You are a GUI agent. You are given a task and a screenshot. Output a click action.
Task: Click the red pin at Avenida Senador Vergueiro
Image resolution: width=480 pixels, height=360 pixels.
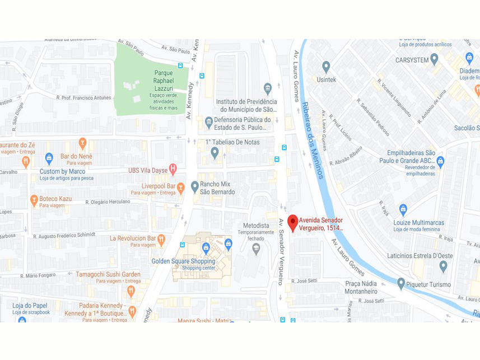[x=292, y=222]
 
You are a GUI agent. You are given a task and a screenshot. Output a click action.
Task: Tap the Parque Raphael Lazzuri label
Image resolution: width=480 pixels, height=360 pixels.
[x=164, y=81]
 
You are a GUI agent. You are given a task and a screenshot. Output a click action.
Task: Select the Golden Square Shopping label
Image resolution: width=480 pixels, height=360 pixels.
[x=183, y=261]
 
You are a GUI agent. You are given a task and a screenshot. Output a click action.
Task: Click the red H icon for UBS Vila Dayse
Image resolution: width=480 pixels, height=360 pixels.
[x=173, y=168]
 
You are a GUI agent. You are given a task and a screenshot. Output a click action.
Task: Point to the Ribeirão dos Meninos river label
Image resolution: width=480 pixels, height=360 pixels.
[x=313, y=141]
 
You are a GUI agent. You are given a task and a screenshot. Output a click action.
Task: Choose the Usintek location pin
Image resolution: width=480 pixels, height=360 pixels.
[x=326, y=67]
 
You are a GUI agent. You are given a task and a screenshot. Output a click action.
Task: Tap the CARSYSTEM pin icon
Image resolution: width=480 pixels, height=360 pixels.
[x=434, y=59]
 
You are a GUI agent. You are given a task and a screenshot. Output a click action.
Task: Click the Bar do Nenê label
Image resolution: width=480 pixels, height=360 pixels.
[x=76, y=156]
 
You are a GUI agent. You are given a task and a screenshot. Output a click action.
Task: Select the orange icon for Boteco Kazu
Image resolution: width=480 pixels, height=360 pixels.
[x=34, y=199]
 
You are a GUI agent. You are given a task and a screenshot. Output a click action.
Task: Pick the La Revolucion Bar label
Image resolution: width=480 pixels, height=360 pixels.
[x=132, y=238]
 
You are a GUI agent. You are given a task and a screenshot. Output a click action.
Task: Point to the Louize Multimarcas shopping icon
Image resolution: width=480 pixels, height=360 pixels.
[x=403, y=209]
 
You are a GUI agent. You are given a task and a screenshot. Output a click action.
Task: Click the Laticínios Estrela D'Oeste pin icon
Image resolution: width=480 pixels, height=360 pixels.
[x=443, y=266]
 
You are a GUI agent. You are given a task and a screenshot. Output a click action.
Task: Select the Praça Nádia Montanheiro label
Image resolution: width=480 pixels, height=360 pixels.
[x=361, y=287]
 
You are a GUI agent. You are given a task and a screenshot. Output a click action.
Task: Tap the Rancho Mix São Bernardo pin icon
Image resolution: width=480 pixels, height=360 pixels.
[x=194, y=186]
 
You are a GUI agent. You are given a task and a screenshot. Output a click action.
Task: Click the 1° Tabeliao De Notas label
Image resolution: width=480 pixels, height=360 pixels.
[x=232, y=142]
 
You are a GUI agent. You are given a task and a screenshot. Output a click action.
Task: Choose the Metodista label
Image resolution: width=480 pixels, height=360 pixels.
[x=257, y=225]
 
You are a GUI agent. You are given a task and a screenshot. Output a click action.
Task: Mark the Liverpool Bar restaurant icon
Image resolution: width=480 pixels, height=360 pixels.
[x=181, y=186]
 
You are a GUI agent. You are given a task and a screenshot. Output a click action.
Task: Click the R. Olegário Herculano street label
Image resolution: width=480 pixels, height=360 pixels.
[x=108, y=202]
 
